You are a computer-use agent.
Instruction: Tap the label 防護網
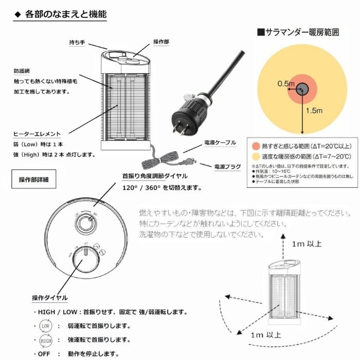point(21,71)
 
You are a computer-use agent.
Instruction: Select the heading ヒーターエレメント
point(37,134)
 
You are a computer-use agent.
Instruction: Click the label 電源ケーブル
point(220,142)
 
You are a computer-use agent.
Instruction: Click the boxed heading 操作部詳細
point(33,179)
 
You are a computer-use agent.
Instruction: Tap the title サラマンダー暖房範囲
point(298,32)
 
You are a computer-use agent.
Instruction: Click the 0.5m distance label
point(286,83)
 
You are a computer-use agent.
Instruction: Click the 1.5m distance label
point(314,110)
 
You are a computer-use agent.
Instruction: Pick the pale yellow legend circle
point(255,156)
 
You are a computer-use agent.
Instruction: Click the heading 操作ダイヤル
point(49,298)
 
